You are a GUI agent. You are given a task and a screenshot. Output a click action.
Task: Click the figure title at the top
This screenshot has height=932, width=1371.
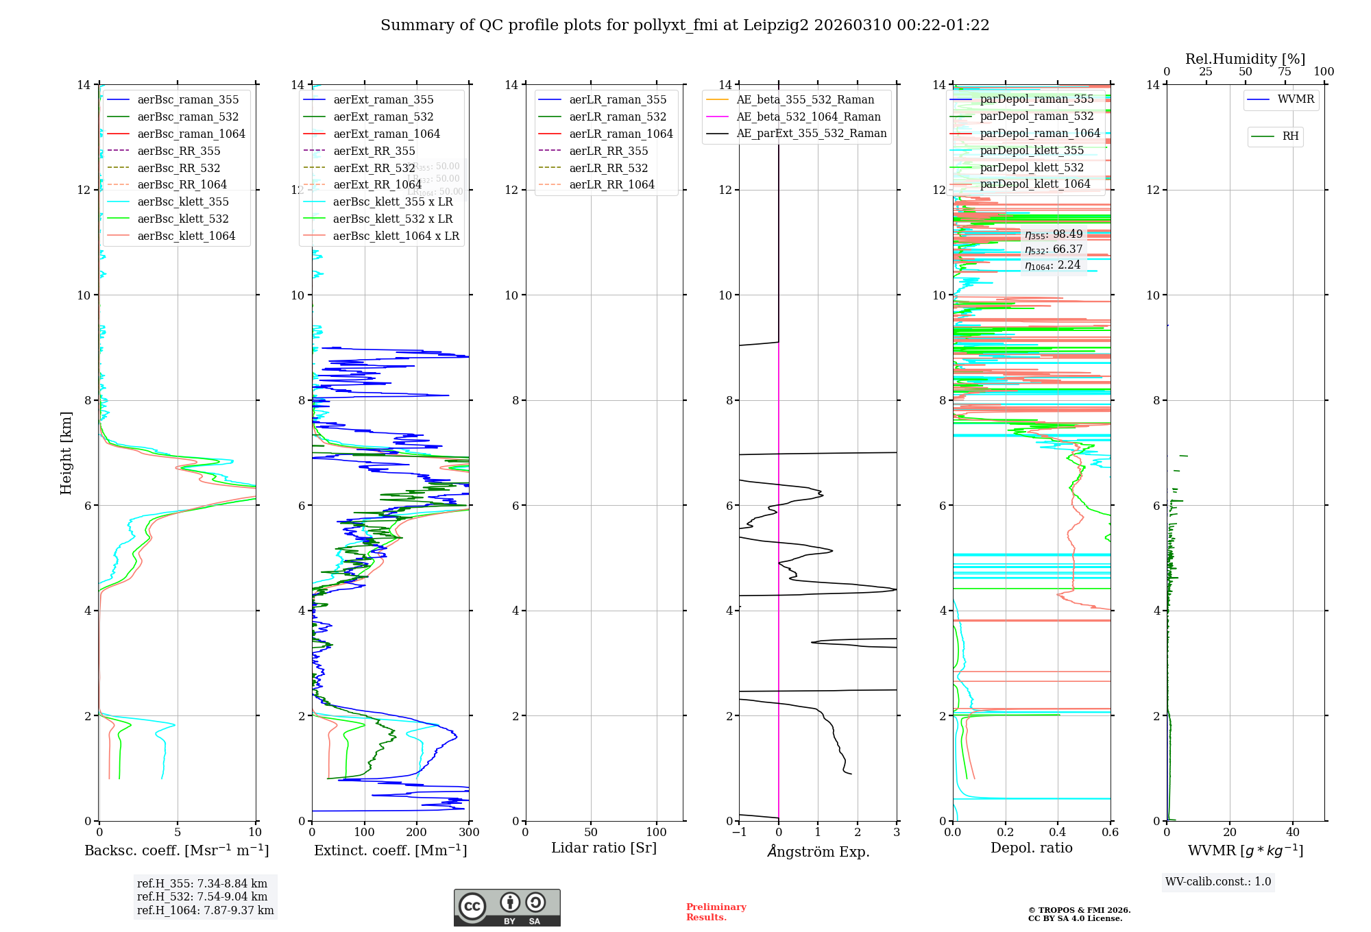685,25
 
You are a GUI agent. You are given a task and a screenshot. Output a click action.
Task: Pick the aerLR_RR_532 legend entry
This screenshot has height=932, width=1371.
608,168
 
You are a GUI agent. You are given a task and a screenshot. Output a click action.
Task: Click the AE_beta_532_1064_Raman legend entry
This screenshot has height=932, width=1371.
808,116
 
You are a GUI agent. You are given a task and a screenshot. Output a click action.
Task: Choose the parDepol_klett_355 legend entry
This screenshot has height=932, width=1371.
1032,150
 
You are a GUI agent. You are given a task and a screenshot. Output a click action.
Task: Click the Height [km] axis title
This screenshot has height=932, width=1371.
66,452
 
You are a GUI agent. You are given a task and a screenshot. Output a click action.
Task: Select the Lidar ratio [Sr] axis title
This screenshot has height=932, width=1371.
604,848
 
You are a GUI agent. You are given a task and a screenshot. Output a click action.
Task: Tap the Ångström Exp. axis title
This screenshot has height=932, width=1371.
818,851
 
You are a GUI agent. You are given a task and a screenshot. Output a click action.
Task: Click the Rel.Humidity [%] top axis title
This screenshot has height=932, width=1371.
1245,59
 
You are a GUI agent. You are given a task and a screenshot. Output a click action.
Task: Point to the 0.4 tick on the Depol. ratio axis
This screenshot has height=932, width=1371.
1058,833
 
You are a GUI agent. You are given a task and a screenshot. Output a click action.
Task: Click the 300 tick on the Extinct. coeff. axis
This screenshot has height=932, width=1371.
470,833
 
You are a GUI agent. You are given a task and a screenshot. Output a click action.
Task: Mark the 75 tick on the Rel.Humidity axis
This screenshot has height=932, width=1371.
1285,72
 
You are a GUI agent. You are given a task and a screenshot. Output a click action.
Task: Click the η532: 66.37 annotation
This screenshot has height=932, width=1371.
1054,249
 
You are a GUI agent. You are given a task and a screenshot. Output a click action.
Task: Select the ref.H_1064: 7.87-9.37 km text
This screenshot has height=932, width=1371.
205,910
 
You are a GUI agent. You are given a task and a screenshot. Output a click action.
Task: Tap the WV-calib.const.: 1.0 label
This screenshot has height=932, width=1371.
1218,882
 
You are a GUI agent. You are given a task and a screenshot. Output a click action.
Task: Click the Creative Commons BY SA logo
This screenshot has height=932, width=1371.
507,907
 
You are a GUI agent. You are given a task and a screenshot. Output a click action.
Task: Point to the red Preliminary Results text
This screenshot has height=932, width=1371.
716,912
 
